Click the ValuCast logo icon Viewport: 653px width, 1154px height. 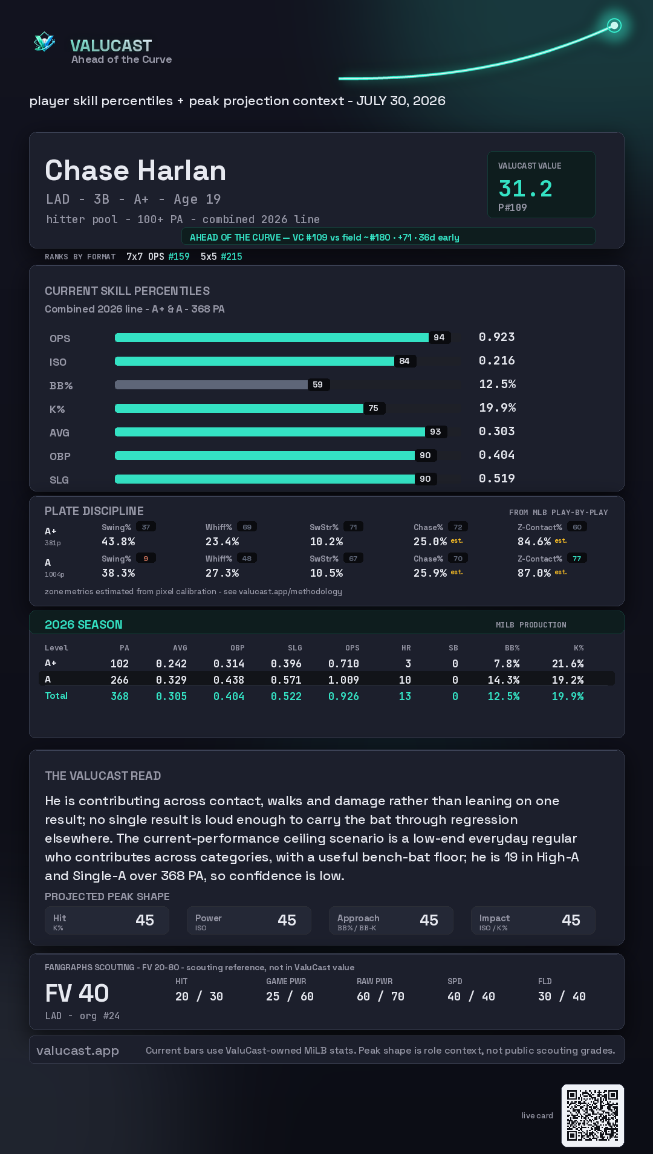pyautogui.click(x=44, y=42)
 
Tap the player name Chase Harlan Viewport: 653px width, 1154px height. pyautogui.click(x=135, y=170)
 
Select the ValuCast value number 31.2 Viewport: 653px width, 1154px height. pyautogui.click(x=525, y=189)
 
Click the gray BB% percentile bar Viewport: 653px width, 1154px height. pyautogui.click(x=211, y=384)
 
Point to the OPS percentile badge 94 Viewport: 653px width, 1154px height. pyautogui.click(x=439, y=337)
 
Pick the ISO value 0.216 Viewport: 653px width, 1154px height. pyautogui.click(x=497, y=360)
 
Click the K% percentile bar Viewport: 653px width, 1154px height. pyautogui.click(x=239, y=408)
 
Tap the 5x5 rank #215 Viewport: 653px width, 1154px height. pyautogui.click(x=232, y=256)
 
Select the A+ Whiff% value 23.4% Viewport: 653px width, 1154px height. pyautogui.click(x=223, y=542)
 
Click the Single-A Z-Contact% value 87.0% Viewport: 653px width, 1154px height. pyautogui.click(x=534, y=573)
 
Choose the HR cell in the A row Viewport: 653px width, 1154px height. pyautogui.click(x=405, y=680)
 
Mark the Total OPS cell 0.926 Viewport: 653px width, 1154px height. pyautogui.click(x=343, y=696)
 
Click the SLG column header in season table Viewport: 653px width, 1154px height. pyautogui.click(x=295, y=648)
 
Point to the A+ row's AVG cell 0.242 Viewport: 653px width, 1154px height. pyautogui.click(x=171, y=664)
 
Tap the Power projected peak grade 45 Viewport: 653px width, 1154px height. pyautogui.click(x=287, y=920)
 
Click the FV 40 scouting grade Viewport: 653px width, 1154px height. pyautogui.click(x=77, y=993)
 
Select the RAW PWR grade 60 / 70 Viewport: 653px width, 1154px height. pyautogui.click(x=380, y=996)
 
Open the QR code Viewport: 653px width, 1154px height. pyautogui.click(x=593, y=1115)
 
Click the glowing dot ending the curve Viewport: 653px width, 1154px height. pyautogui.click(x=614, y=25)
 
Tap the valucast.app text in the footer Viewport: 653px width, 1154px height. pyautogui.click(x=77, y=1051)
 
